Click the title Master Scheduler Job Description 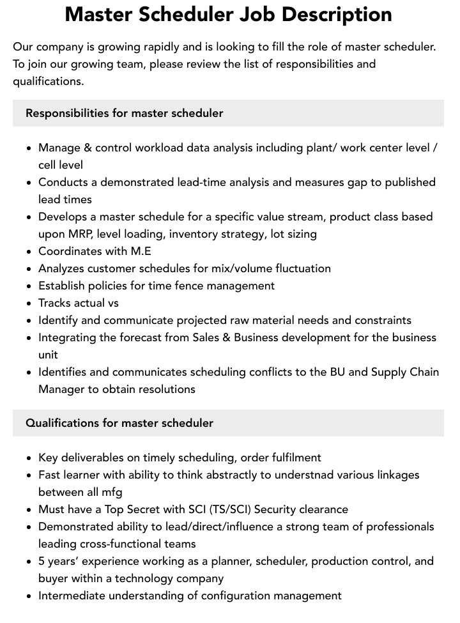[x=229, y=14]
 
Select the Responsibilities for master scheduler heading [x=124, y=113]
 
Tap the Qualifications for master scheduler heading [x=119, y=423]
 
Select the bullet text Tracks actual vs [x=79, y=303]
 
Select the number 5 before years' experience [x=42, y=561]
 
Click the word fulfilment [x=295, y=458]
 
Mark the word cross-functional [x=125, y=544]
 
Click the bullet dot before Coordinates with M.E [x=29, y=252]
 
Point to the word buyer [x=54, y=578]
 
